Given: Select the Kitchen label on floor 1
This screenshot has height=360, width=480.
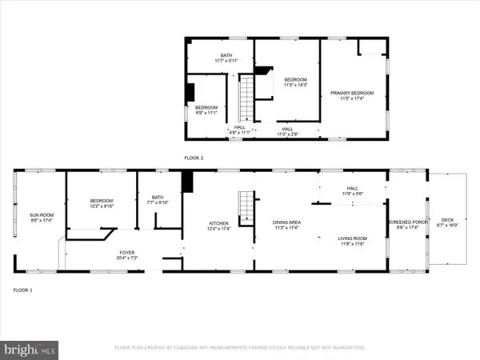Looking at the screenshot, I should [219, 223].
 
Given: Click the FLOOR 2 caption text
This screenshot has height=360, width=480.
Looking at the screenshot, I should [194, 158].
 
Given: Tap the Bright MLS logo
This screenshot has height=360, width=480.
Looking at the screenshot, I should [30, 349].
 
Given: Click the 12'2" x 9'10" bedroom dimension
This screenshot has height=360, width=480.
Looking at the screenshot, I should [102, 206].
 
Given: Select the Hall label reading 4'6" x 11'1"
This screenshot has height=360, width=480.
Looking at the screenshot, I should [238, 131].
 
